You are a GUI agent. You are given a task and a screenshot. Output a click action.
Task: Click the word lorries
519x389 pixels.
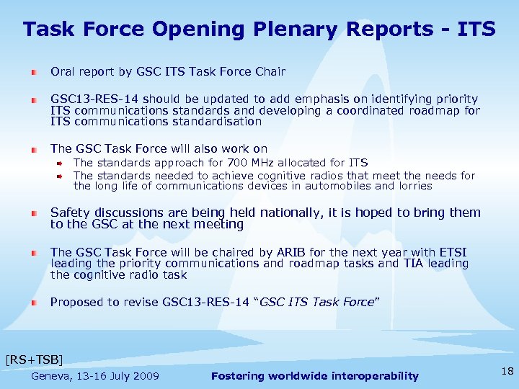coord(413,186)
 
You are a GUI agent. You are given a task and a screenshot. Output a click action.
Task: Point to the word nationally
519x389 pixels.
coord(278,213)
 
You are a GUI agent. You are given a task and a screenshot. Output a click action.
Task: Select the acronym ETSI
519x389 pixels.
coord(451,252)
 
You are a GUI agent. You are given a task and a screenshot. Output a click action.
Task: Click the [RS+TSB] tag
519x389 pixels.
coord(34,359)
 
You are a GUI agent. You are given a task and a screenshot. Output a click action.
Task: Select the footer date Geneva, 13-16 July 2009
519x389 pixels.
coord(95,376)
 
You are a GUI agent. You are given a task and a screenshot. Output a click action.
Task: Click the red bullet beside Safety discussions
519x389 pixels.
coord(35,214)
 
